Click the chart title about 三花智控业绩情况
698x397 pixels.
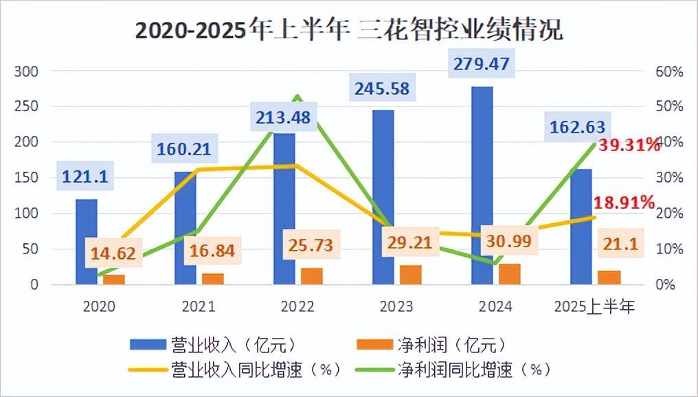coord(348,31)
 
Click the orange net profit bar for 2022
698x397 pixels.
coord(312,276)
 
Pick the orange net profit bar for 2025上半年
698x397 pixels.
coord(609,277)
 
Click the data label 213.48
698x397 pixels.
coord(283,117)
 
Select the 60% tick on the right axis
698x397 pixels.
coord(668,71)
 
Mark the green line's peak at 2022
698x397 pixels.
coord(297,96)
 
